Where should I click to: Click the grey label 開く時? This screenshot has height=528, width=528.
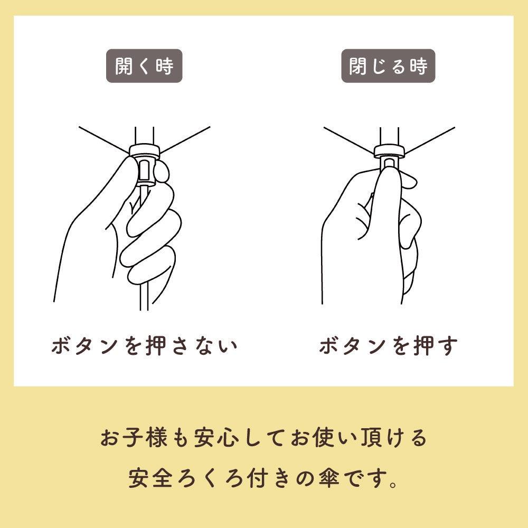(144, 66)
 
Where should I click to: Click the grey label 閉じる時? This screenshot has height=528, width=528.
(388, 66)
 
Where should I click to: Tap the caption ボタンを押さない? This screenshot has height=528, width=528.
(145, 346)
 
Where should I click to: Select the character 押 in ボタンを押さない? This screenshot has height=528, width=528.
(156, 346)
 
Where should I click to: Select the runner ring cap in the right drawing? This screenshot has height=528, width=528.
(389, 151)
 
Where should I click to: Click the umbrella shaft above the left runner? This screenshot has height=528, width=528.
(145, 136)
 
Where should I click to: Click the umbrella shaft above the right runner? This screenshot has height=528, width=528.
(389, 137)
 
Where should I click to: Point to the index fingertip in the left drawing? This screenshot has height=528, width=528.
(163, 172)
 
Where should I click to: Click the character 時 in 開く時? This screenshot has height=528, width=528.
(165, 66)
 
